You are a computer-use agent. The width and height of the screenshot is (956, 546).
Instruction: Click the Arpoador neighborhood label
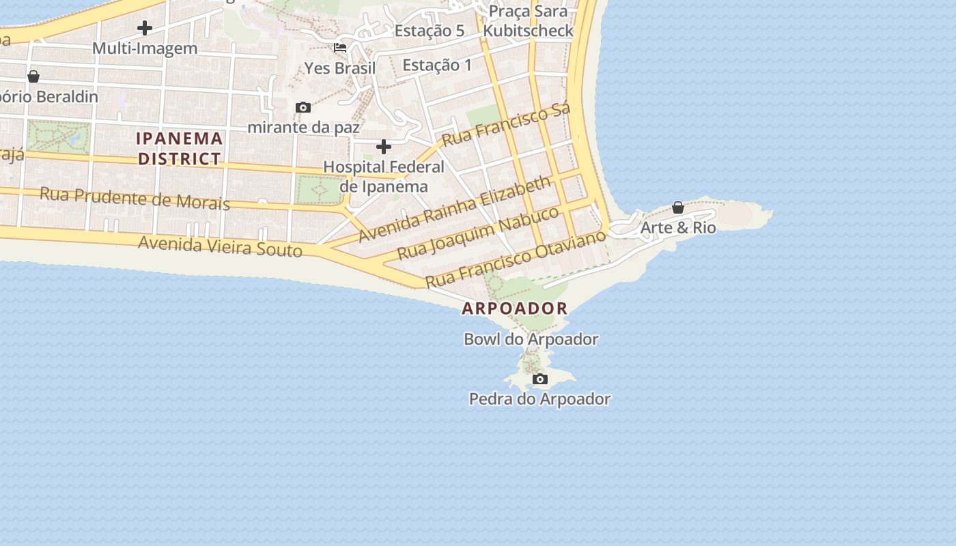pyautogui.click(x=514, y=308)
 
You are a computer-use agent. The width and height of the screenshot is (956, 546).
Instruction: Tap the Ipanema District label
pyautogui.click(x=180, y=149)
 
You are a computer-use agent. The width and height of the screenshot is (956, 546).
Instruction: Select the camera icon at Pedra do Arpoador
pyautogui.click(x=540, y=379)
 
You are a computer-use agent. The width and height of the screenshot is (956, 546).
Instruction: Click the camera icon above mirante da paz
pyautogui.click(x=303, y=108)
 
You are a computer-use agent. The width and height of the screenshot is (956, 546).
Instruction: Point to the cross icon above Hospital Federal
pyautogui.click(x=384, y=147)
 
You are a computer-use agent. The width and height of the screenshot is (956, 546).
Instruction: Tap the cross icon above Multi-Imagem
pyautogui.click(x=145, y=29)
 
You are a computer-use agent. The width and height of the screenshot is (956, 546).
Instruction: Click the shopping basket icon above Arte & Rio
pyautogui.click(x=678, y=207)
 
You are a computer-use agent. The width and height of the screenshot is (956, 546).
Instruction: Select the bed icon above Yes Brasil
pyautogui.click(x=339, y=48)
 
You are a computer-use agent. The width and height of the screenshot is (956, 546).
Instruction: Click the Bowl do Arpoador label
pyautogui.click(x=531, y=339)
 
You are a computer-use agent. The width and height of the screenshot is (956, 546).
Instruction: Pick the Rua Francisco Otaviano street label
pyautogui.click(x=516, y=259)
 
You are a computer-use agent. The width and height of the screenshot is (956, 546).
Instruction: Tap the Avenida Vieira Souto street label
pyautogui.click(x=220, y=246)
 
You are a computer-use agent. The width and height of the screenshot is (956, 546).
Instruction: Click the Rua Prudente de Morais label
pyautogui.click(x=135, y=198)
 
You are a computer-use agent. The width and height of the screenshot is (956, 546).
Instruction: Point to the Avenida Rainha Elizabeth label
pyautogui.click(x=454, y=208)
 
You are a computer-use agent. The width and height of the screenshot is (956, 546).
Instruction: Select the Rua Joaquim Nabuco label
pyautogui.click(x=478, y=232)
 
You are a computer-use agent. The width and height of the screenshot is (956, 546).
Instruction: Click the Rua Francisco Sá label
pyautogui.click(x=506, y=124)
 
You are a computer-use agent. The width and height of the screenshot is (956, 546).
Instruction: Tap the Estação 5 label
pyautogui.click(x=430, y=31)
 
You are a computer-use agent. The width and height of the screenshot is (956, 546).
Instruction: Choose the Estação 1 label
pyautogui.click(x=437, y=66)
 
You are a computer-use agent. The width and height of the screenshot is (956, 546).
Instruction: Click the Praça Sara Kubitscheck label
pyautogui.click(x=529, y=21)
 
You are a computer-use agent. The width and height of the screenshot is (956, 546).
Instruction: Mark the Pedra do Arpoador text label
pyautogui.click(x=539, y=399)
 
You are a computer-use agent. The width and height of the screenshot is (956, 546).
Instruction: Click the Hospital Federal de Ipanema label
pyautogui.click(x=384, y=177)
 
